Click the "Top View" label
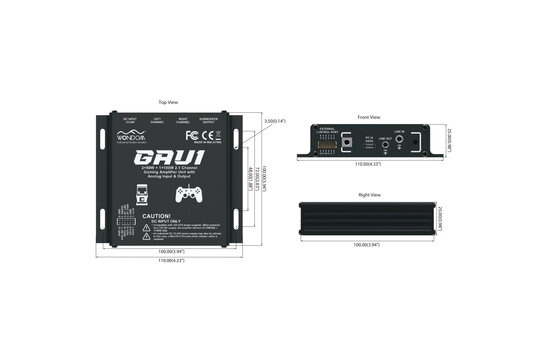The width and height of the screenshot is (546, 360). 169,102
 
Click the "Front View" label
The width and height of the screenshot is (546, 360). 369,117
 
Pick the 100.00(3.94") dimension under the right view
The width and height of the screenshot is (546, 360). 369,244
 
